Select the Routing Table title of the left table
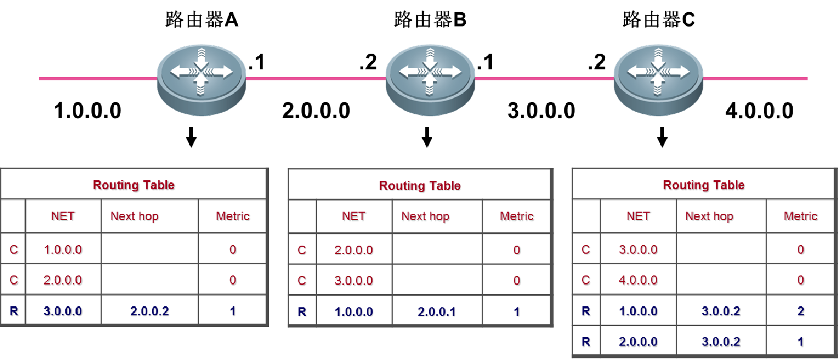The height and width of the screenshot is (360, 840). [134, 185]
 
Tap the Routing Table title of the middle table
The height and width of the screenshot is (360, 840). [420, 186]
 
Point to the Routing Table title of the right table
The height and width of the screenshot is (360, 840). [704, 185]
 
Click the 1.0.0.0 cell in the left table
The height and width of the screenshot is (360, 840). [64, 249]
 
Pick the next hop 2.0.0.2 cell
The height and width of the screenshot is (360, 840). [149, 311]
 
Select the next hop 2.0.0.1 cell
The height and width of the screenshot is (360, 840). [437, 311]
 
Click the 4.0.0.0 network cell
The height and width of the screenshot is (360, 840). [639, 280]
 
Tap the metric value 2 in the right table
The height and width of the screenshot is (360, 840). [801, 311]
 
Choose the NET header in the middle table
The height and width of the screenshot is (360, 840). [354, 216]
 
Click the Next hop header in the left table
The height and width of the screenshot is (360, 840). [135, 216]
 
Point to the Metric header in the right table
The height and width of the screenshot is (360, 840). [801, 216]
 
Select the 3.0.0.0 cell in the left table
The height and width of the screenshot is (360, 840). [64, 311]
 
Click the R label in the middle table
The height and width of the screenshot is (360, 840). [303, 311]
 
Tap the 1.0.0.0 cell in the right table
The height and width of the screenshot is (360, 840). [639, 311]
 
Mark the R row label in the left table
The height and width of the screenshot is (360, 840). [14, 311]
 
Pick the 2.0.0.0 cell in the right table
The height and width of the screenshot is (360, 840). [639, 342]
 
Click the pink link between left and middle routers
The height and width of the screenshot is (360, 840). [316, 79]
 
